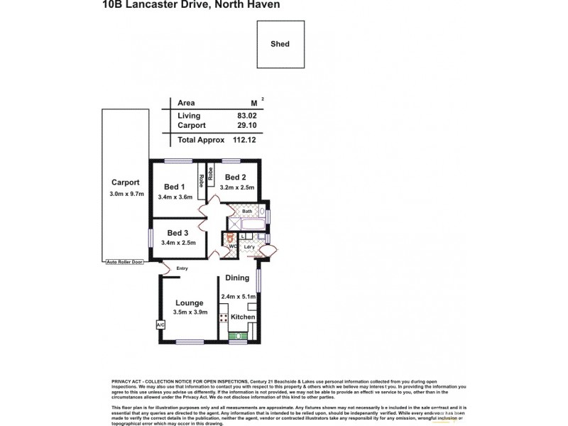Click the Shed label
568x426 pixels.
pyautogui.click(x=280, y=43)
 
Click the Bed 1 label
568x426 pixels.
pyautogui.click(x=175, y=187)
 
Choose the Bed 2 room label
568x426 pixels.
pyautogui.click(x=235, y=177)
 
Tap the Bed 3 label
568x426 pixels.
pyautogui.click(x=178, y=232)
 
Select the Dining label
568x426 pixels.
pyautogui.click(x=237, y=278)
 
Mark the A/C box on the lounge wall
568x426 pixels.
pyautogui.click(x=159, y=325)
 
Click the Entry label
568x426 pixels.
pyautogui.click(x=182, y=268)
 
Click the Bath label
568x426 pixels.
pyautogui.click(x=247, y=212)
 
